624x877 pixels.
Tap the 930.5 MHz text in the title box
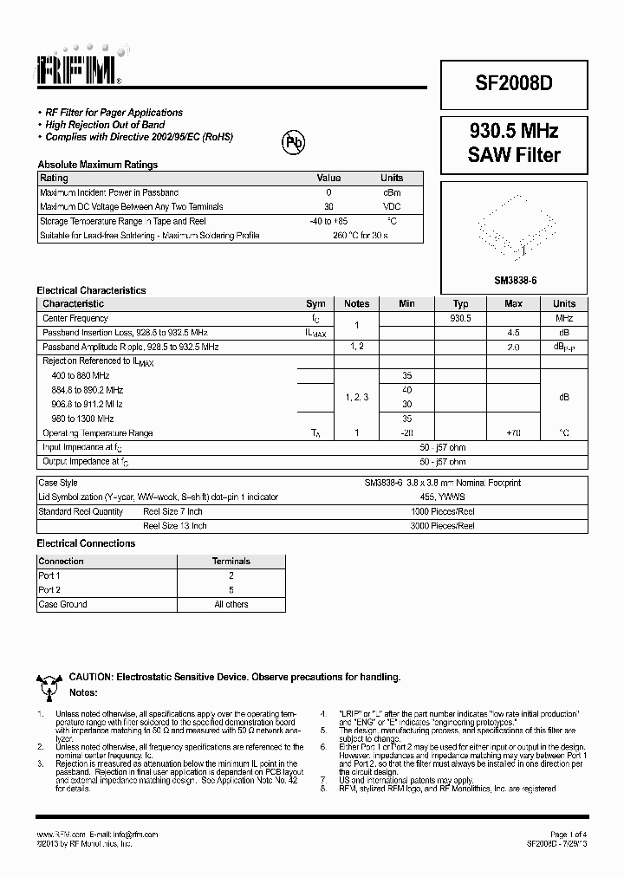(514, 132)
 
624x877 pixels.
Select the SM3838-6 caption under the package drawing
(515, 279)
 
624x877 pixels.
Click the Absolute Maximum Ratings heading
(97, 165)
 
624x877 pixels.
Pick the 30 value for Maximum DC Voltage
(328, 206)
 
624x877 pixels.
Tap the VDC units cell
(393, 206)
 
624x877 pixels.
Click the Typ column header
(460, 304)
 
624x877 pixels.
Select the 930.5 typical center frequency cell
(460, 318)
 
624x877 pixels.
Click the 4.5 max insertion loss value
(513, 333)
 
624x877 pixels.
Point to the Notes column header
(356, 304)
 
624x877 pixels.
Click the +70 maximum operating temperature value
(513, 432)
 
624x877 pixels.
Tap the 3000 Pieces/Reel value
(443, 525)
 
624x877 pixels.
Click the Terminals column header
(231, 562)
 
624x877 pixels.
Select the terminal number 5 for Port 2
(231, 590)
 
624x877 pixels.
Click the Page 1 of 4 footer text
(568, 834)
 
